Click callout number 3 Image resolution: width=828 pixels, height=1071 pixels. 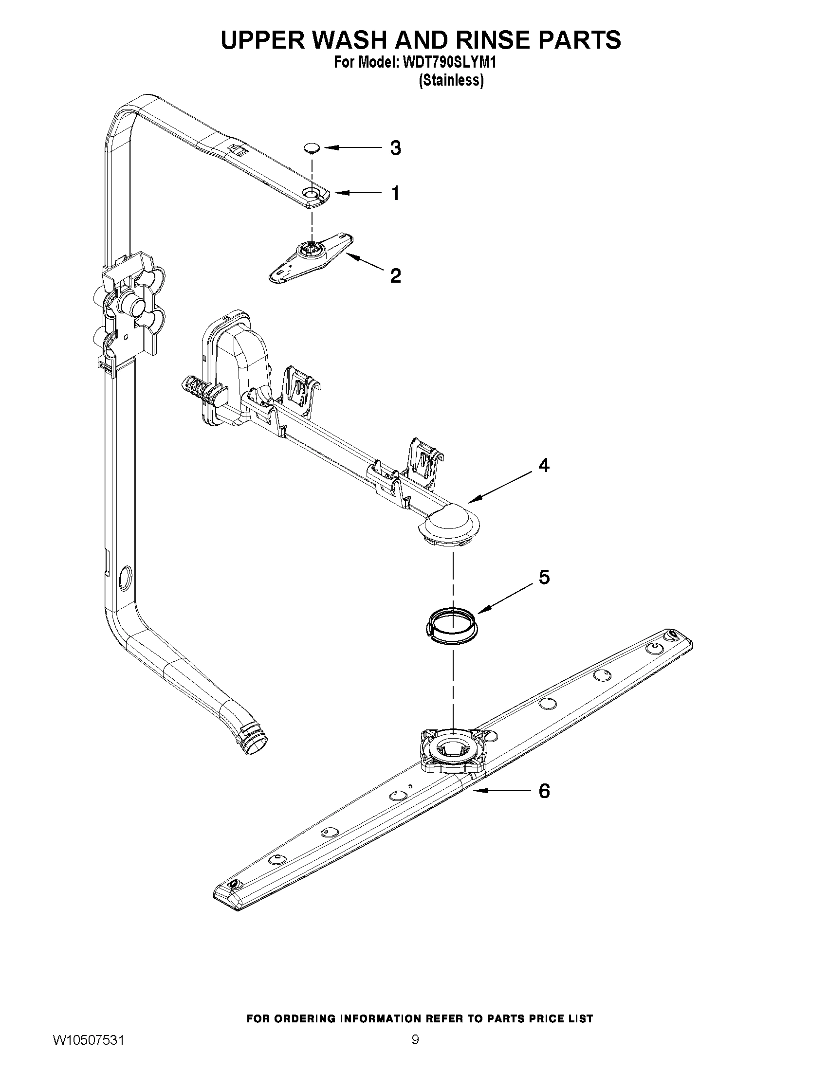pyautogui.click(x=395, y=147)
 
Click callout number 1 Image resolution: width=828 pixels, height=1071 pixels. pyautogui.click(x=395, y=193)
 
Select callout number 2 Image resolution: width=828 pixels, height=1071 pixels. pyautogui.click(x=395, y=275)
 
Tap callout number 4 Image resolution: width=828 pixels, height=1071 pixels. pyautogui.click(x=544, y=465)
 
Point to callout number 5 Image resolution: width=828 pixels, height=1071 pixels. pyautogui.click(x=544, y=578)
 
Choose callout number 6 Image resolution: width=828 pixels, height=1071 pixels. pyautogui.click(x=544, y=791)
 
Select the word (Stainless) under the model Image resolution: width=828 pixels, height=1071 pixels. pyautogui.click(x=451, y=80)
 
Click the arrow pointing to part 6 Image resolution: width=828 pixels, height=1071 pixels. pyautogui.click(x=500, y=791)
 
